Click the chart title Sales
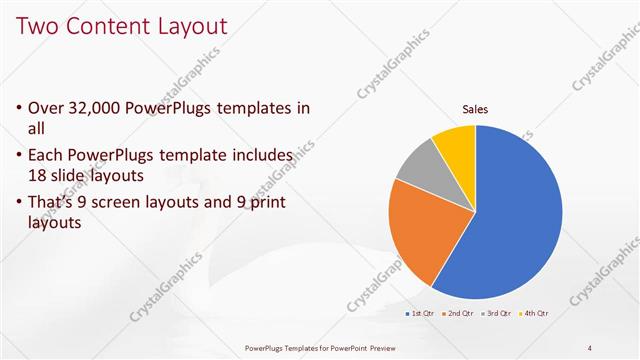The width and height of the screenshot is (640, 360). click(x=475, y=109)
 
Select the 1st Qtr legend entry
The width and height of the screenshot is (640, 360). click(x=422, y=313)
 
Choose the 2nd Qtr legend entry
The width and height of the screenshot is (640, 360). click(x=458, y=313)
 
